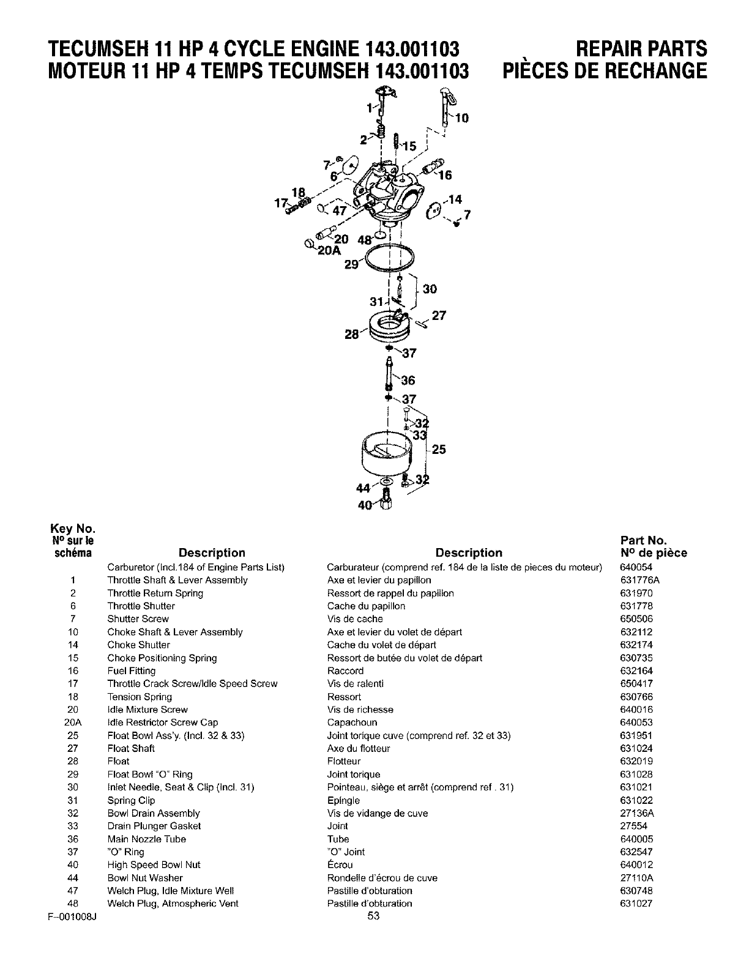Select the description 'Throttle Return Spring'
click(x=155, y=593)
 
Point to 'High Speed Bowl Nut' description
click(x=154, y=865)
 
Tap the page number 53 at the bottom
click(x=374, y=916)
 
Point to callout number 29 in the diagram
click(x=351, y=264)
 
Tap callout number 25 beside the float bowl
click(x=439, y=450)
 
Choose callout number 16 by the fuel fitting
click(x=444, y=175)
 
